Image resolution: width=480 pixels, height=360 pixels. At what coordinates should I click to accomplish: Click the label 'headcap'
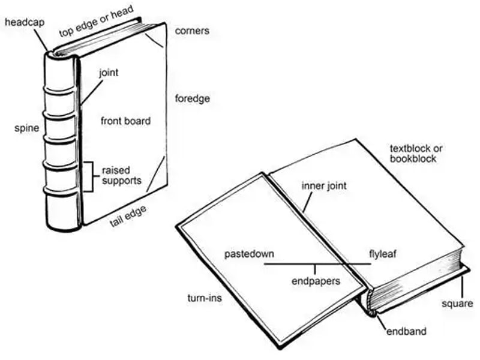22,22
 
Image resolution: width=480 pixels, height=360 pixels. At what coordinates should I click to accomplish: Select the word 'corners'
192,30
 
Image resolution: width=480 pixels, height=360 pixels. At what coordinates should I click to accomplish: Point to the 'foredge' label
192,98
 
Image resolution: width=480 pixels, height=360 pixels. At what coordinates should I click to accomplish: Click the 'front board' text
126,121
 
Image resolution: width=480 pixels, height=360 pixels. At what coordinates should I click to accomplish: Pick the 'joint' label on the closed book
109,73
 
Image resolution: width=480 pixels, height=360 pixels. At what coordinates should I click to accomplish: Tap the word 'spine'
26,128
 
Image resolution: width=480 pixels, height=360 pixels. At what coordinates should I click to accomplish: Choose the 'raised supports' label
122,175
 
